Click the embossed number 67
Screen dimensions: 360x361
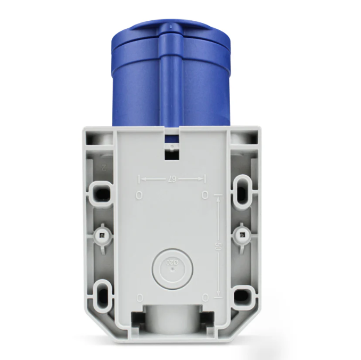[x=171, y=179]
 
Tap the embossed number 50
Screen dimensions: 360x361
[x=218, y=246]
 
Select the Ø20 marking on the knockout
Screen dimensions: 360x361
[x=171, y=262]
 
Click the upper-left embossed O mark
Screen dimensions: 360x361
[x=139, y=195]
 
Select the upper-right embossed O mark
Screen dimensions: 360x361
[x=206, y=195]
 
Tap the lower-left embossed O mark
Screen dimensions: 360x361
[x=140, y=297]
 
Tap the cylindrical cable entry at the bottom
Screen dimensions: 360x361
[x=171, y=320]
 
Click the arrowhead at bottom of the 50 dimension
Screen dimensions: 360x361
[x=218, y=294]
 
